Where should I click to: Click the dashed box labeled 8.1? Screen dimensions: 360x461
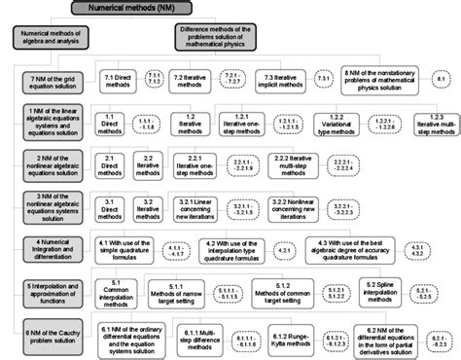pyautogui.click(x=440, y=78)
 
